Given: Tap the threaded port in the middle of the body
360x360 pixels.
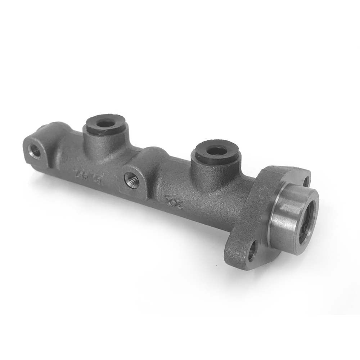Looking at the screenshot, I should (131, 180).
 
